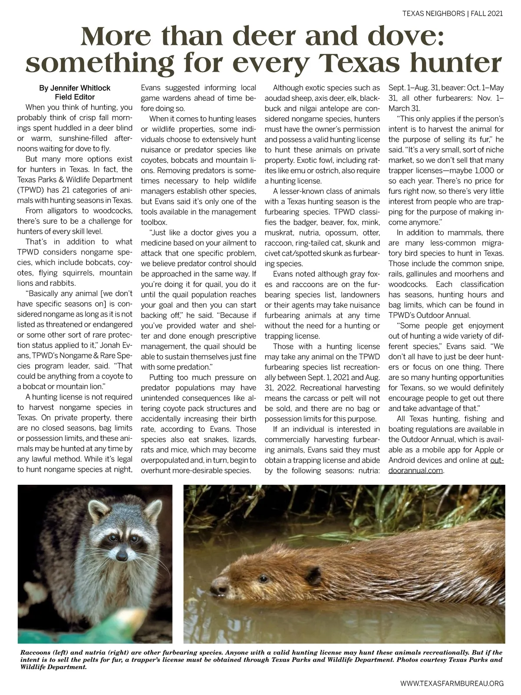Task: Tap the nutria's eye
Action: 263,579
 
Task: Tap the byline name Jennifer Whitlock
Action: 75,88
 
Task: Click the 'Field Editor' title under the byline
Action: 75,97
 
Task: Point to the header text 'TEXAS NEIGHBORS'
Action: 433,13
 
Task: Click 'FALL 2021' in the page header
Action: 487,13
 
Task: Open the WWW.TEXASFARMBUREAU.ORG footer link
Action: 452,683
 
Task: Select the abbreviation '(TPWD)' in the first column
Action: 30,190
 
